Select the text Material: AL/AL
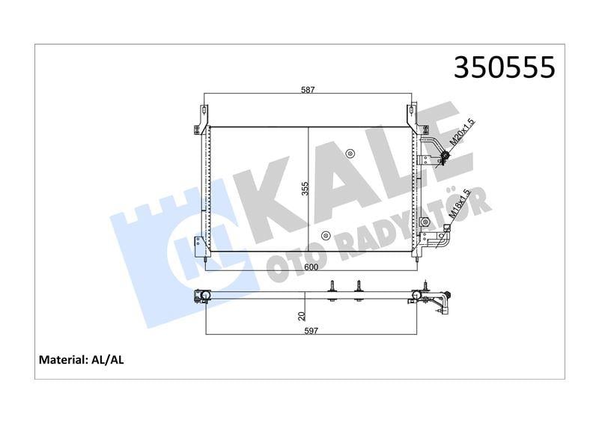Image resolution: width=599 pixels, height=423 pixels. pyautogui.click(x=81, y=360)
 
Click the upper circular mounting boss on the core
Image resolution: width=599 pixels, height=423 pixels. pyautogui.click(x=350, y=154)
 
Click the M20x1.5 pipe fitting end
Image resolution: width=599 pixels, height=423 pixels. pyautogui.click(x=444, y=156)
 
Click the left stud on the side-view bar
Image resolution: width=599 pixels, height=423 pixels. pyautogui.click(x=332, y=291)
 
